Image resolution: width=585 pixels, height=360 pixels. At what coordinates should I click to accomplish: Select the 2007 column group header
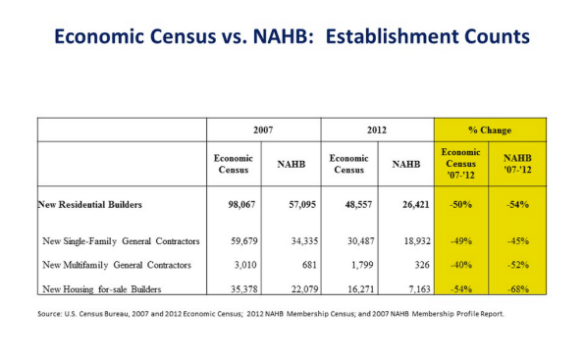tap(263, 129)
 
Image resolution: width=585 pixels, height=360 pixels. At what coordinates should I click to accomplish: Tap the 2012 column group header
tap(377, 129)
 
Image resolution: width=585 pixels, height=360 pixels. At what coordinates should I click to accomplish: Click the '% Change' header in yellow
tap(490, 129)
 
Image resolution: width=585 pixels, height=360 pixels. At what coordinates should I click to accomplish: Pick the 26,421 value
tap(405, 205)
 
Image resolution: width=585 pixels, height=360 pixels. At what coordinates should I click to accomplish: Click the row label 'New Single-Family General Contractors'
tap(122, 240)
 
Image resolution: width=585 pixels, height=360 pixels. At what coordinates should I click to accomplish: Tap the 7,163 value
tap(405, 290)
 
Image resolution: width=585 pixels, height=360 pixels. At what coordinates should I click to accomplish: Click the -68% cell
tap(518, 290)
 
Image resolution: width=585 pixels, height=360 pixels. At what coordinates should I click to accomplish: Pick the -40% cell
tap(461, 266)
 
